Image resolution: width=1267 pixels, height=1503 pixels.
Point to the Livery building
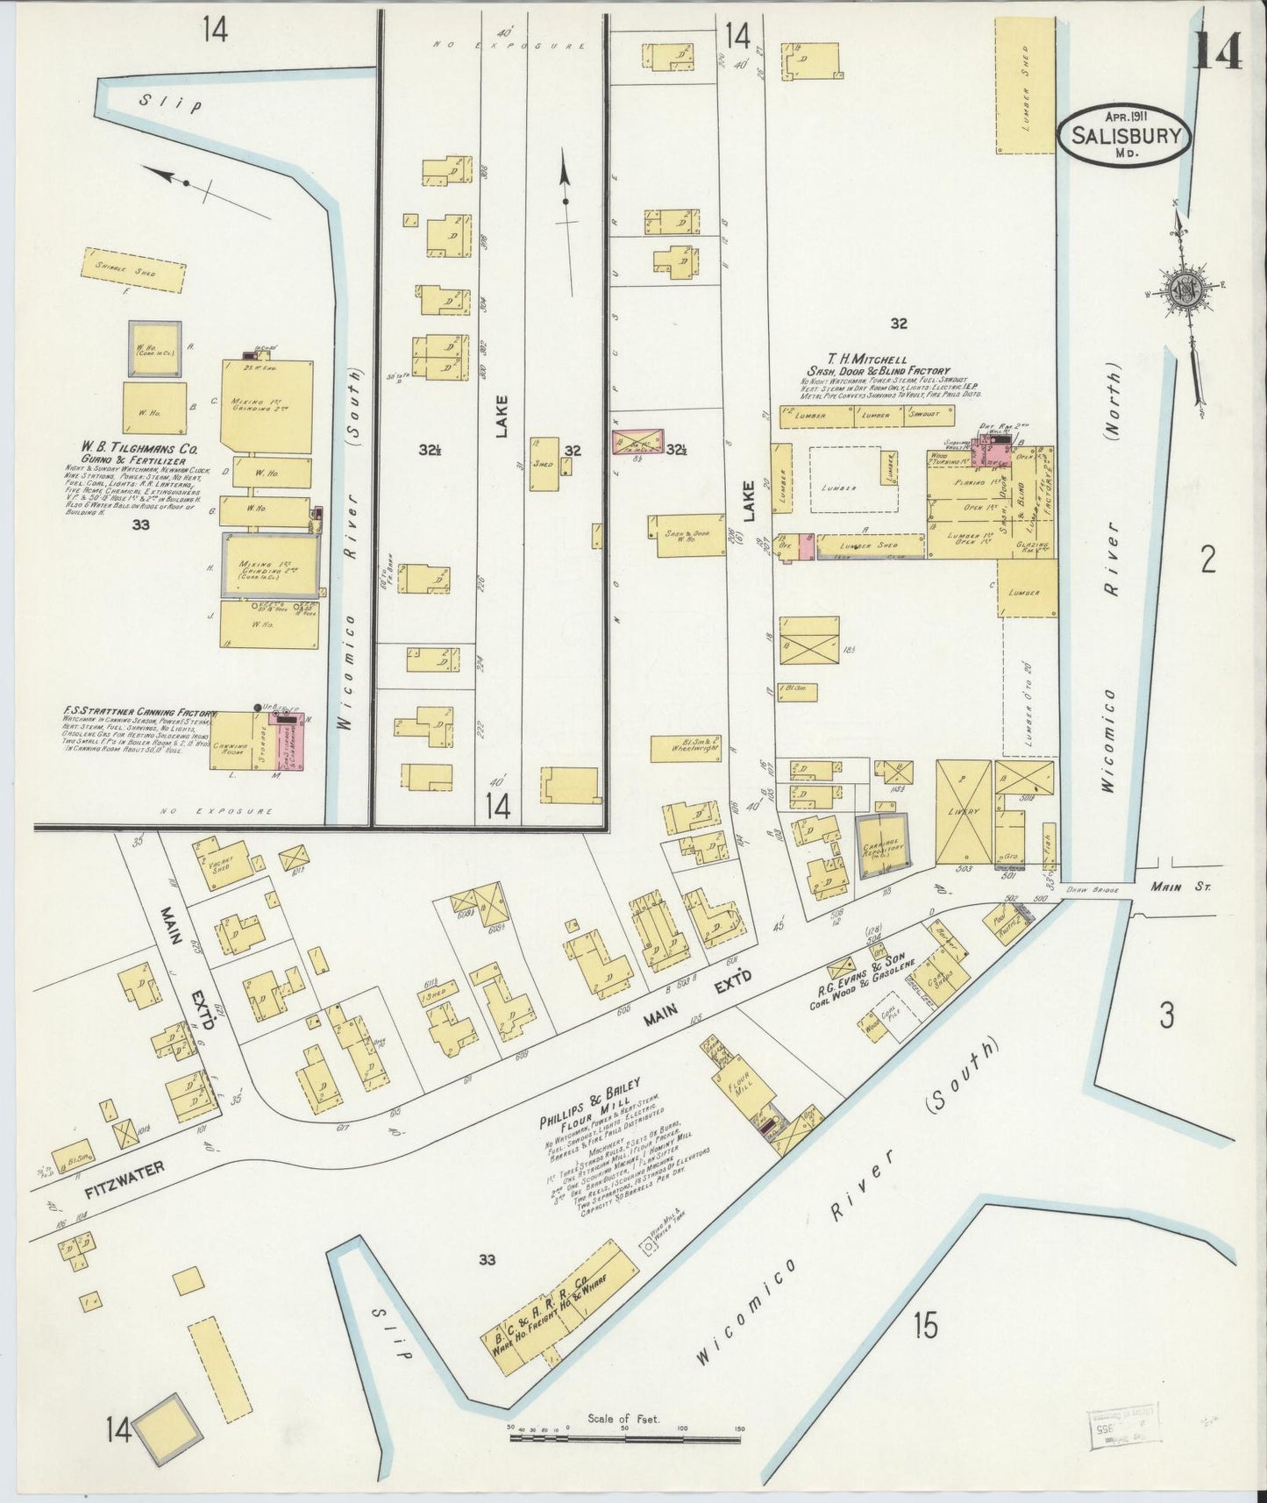tap(964, 812)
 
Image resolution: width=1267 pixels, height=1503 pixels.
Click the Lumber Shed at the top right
tap(1025, 85)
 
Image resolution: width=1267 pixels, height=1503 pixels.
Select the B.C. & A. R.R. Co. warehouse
tap(562, 1297)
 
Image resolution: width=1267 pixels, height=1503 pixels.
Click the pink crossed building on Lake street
tap(637, 441)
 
